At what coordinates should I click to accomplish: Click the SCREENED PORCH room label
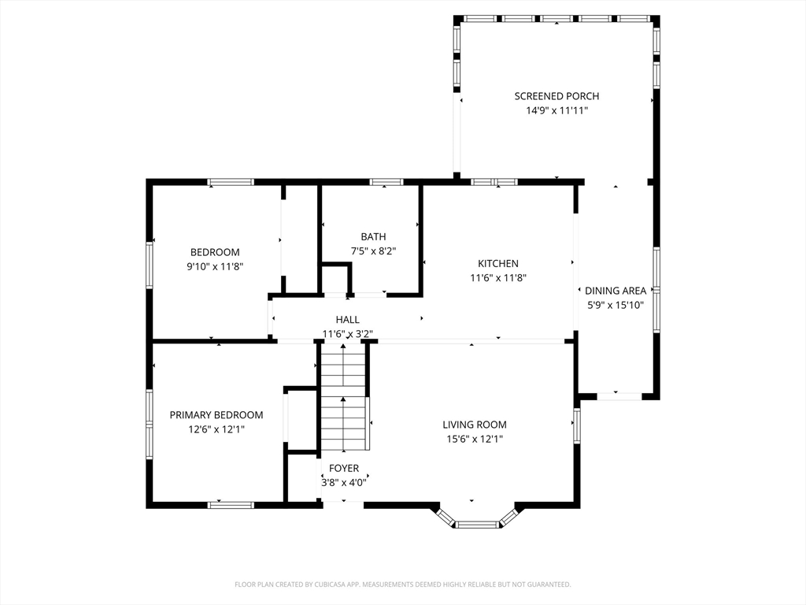point(556,96)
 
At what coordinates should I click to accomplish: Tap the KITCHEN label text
point(498,264)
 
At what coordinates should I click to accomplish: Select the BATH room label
point(373,237)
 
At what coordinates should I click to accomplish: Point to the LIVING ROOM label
point(475,425)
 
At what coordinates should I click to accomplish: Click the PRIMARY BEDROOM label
point(216,415)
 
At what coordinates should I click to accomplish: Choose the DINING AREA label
point(616,291)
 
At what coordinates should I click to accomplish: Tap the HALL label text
point(347,320)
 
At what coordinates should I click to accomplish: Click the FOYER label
point(344,469)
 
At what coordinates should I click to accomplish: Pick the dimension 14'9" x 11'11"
point(556,110)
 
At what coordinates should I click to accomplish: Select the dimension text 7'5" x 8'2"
point(373,251)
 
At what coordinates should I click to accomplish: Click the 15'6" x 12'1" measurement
point(475,440)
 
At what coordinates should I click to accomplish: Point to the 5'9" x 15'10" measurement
point(616,306)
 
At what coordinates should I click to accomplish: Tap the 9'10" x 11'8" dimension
point(215,267)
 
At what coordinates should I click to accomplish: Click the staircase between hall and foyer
point(343,397)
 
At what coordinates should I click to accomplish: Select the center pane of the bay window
point(478,525)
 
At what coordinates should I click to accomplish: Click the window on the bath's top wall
point(386,182)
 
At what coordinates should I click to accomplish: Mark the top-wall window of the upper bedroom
point(231,182)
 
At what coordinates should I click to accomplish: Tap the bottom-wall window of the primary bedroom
point(231,505)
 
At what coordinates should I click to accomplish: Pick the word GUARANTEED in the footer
point(552,585)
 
